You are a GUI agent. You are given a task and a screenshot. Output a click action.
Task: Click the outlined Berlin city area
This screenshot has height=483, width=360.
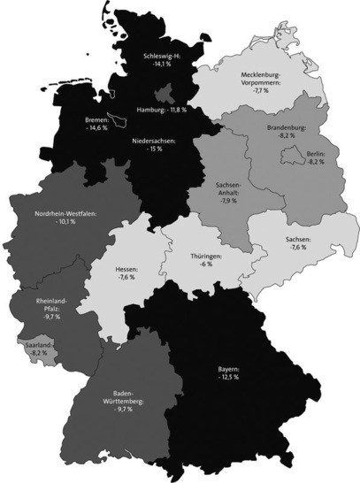(288, 158)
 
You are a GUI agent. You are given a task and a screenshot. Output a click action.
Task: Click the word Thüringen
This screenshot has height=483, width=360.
(206, 256)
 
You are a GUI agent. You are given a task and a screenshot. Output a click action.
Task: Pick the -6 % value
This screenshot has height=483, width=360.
(206, 264)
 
